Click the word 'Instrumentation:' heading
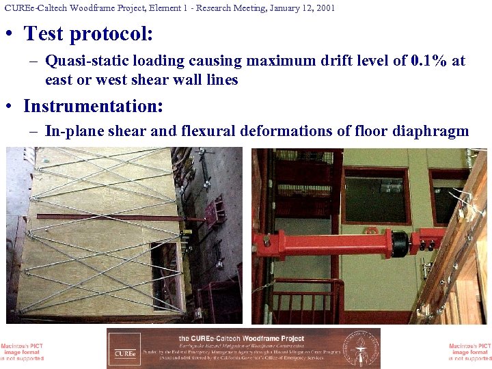[93, 107]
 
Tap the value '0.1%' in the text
[430, 61]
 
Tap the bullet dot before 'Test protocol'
[12, 34]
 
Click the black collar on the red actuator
[398, 241]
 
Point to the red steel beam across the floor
[116, 217]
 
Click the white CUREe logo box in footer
[124, 348]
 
